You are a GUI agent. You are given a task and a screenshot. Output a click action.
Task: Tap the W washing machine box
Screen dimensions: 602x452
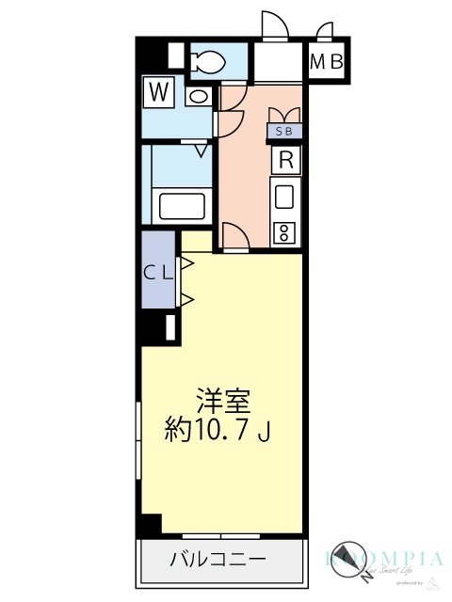(x=159, y=92)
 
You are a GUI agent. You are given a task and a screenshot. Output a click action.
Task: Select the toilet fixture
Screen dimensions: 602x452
(x=206, y=63)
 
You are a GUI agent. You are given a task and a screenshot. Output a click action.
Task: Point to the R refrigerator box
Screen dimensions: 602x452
(x=286, y=160)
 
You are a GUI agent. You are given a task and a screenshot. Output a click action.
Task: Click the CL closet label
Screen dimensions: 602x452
(x=157, y=273)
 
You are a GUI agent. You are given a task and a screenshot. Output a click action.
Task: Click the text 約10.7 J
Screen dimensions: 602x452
(x=218, y=431)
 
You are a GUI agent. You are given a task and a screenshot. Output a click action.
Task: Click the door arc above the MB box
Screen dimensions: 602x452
(x=325, y=31)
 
